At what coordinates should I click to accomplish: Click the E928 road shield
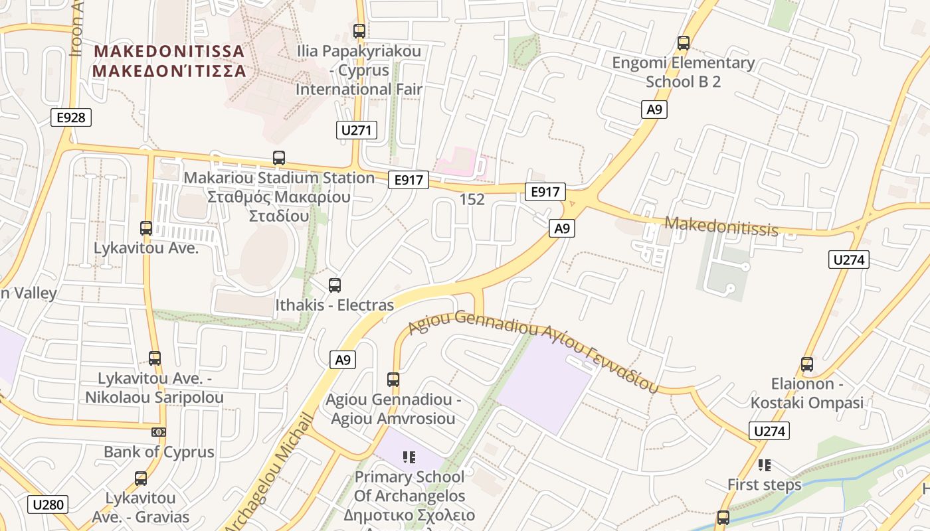pyautogui.click(x=71, y=117)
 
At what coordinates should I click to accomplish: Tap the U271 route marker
pyautogui.click(x=357, y=129)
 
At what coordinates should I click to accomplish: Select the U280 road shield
pyautogui.click(x=48, y=504)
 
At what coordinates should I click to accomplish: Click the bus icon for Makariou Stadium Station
pyautogui.click(x=279, y=158)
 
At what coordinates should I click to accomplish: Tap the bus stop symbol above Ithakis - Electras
pyautogui.click(x=335, y=285)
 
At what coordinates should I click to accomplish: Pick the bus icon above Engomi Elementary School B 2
pyautogui.click(x=683, y=44)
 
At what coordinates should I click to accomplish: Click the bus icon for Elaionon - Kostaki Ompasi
pyautogui.click(x=807, y=364)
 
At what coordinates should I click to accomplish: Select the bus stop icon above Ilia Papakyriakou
pyautogui.click(x=359, y=31)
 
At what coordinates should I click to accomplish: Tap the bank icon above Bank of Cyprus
pyautogui.click(x=159, y=432)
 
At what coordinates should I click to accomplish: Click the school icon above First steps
pyautogui.click(x=765, y=465)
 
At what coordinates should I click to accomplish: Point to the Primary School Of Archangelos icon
pyautogui.click(x=409, y=457)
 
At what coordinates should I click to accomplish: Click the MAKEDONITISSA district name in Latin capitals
pyautogui.click(x=169, y=51)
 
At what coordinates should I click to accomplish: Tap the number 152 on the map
pyautogui.click(x=472, y=199)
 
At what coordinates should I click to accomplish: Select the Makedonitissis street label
pyautogui.click(x=721, y=226)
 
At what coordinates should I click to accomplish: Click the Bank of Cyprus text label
pyautogui.click(x=159, y=452)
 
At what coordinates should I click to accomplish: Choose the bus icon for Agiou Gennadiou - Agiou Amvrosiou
pyautogui.click(x=393, y=380)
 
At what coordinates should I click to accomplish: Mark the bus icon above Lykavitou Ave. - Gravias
pyautogui.click(x=141, y=479)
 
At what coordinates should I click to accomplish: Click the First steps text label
pyautogui.click(x=765, y=485)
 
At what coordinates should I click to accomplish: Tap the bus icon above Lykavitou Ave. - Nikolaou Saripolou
pyautogui.click(x=155, y=358)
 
